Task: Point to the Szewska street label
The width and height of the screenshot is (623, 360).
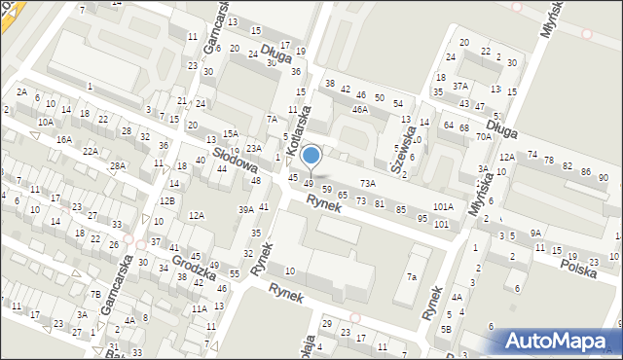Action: (x=403, y=145)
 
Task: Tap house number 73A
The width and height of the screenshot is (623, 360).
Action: (x=367, y=183)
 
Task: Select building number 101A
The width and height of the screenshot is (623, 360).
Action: (x=443, y=206)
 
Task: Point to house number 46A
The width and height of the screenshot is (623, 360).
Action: (x=361, y=110)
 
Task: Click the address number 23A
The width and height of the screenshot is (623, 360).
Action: (x=254, y=148)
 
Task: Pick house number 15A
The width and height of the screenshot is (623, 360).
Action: (x=230, y=133)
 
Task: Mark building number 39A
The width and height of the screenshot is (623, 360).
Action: (x=246, y=209)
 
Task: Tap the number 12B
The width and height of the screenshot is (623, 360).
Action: (x=167, y=200)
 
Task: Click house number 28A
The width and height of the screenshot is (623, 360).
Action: (x=117, y=165)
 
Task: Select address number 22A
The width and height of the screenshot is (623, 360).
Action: (x=91, y=151)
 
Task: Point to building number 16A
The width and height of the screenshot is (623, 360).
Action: (x=63, y=139)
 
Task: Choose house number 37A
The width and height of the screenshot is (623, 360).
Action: (x=460, y=86)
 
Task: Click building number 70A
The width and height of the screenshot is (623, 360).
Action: (x=484, y=137)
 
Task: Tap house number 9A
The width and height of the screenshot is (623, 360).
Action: (x=535, y=233)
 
